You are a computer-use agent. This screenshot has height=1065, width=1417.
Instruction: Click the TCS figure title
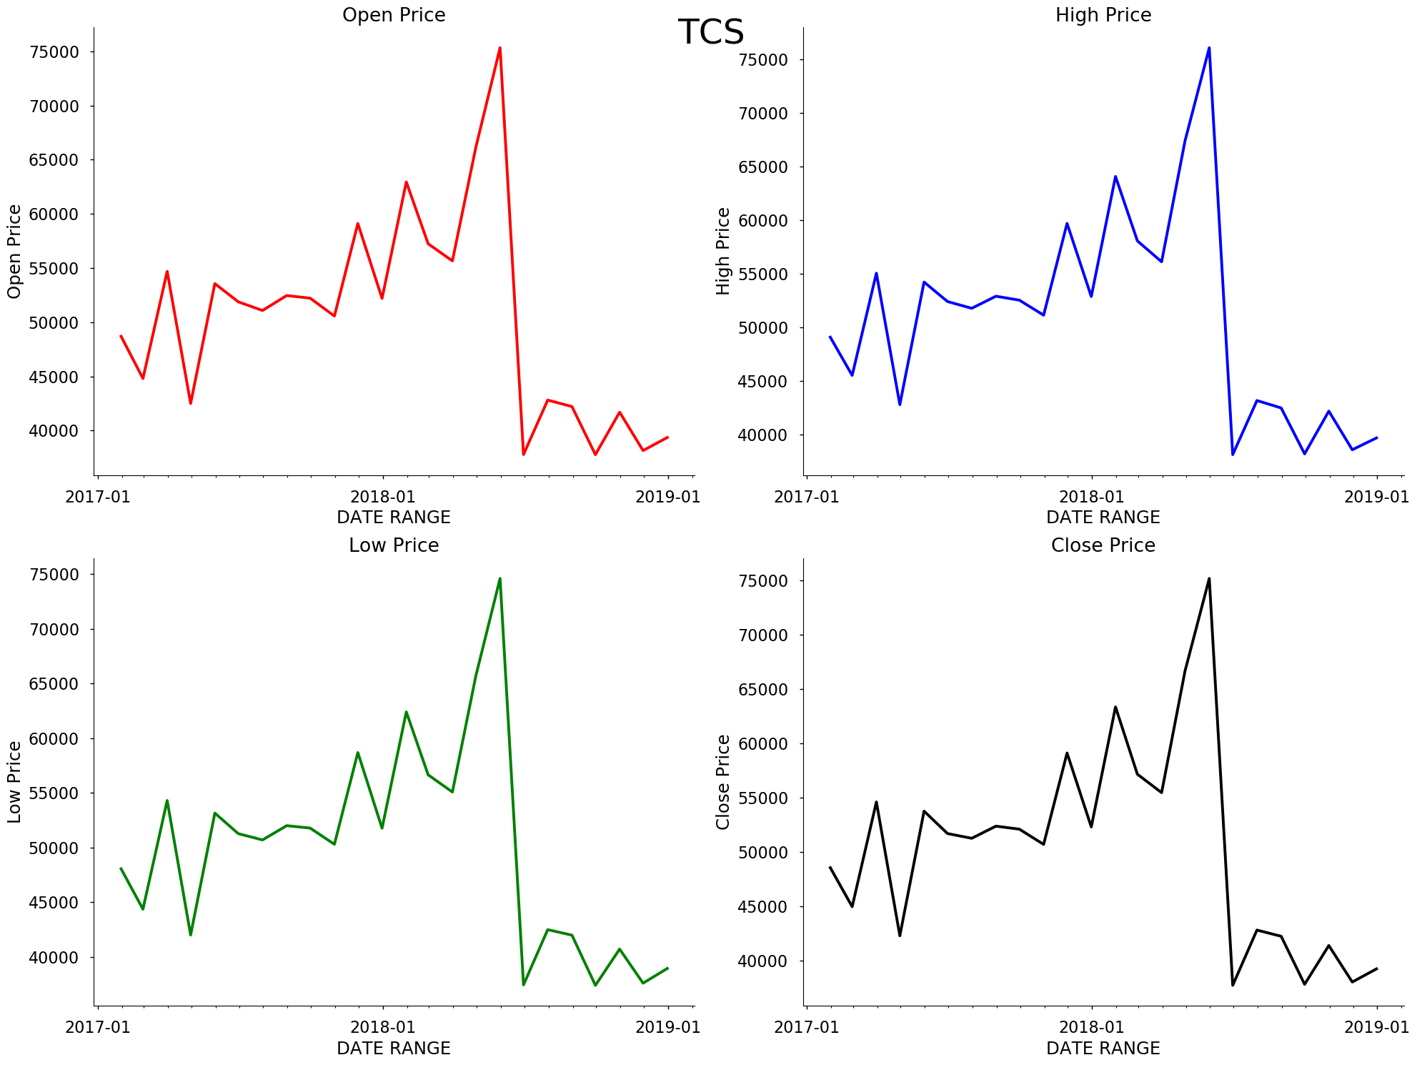710,33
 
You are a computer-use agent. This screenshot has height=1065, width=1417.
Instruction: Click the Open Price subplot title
394,15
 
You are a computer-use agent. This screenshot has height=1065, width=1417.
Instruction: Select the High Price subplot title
1103,15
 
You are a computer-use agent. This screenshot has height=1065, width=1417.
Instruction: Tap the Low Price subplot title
394,545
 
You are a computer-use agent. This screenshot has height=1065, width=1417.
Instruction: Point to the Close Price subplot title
1103,545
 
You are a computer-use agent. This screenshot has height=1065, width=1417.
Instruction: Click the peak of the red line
500,48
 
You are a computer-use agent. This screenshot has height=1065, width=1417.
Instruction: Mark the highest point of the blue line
1209,48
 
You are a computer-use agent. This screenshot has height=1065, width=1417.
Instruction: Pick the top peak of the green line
500,578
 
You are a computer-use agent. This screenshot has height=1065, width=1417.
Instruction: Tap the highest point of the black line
1209,578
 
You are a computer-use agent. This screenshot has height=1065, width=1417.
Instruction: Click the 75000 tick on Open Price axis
54,52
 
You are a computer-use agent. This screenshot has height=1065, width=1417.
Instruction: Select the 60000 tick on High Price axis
763,221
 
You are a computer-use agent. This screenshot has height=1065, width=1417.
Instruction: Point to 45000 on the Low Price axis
54,903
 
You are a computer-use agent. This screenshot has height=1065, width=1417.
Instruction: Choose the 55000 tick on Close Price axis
763,798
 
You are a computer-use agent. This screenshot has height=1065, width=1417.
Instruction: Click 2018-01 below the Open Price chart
383,497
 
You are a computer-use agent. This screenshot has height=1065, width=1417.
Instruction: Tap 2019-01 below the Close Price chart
1376,1027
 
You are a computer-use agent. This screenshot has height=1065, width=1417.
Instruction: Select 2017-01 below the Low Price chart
98,1027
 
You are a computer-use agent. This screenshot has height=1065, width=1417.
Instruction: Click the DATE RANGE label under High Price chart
1103,517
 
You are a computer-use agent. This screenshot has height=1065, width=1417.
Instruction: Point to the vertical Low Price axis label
14,782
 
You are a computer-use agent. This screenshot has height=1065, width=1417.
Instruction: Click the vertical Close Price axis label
723,782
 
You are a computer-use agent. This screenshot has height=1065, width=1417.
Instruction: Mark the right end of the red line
667,437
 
